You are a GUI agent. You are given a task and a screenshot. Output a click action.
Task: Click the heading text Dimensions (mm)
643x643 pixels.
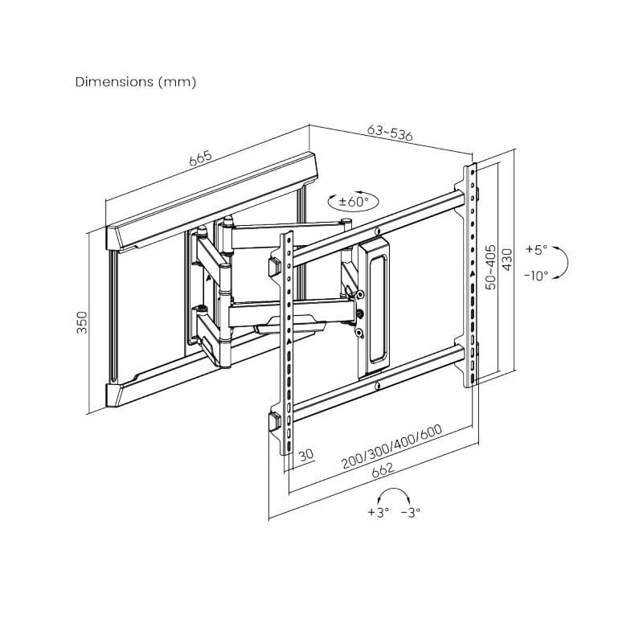pos(135,82)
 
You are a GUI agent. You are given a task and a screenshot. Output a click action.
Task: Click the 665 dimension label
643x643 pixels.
pos(201,158)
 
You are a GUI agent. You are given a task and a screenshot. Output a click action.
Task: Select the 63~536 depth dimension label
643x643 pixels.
pos(390,133)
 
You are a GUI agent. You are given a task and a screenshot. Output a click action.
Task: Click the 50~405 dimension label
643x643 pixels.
pos(490,268)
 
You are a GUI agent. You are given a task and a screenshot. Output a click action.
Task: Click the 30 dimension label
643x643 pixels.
pos(305,457)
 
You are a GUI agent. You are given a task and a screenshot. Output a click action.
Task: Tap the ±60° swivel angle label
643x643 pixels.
pos(353,202)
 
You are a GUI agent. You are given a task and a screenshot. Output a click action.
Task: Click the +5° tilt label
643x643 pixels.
pos(536,250)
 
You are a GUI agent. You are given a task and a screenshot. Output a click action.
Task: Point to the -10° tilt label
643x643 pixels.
pos(535,275)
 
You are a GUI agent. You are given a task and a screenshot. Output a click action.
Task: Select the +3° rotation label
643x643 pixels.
pos(378,512)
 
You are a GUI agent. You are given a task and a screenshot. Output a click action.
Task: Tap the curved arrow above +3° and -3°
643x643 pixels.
pos(395,494)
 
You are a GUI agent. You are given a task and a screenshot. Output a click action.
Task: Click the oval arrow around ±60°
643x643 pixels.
pos(331,201)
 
